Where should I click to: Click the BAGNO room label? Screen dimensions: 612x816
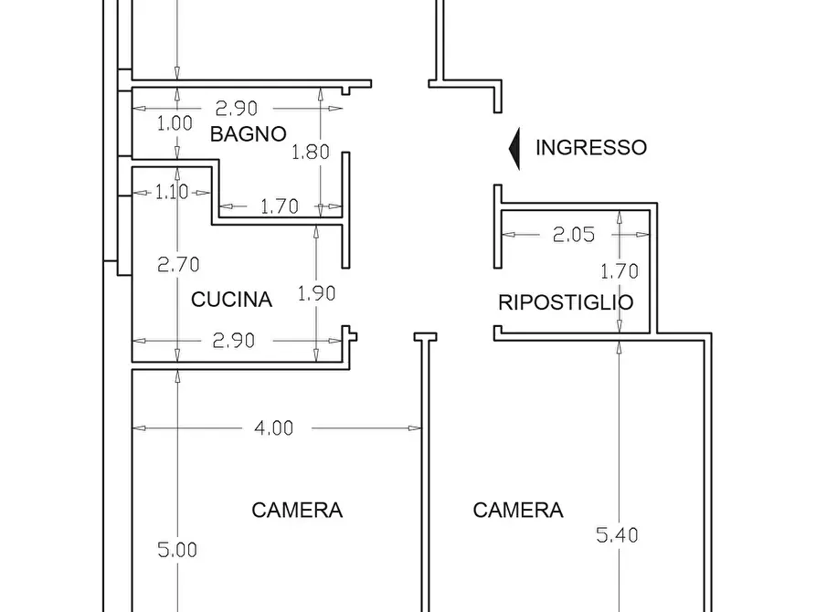pyautogui.click(x=248, y=134)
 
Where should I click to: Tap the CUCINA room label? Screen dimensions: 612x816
pyautogui.click(x=231, y=299)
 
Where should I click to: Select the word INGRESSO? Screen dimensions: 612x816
pyautogui.click(x=590, y=147)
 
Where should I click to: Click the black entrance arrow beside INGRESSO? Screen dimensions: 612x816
pyautogui.click(x=514, y=148)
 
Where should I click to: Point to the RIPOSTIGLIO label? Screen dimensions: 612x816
pyautogui.click(x=566, y=302)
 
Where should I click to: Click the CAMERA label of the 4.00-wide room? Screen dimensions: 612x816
pyautogui.click(x=297, y=510)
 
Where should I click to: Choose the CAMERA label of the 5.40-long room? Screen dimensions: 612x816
pyautogui.click(x=518, y=510)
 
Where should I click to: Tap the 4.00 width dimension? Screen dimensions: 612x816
pyautogui.click(x=274, y=427)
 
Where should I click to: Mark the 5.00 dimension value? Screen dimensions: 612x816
pyautogui.click(x=177, y=550)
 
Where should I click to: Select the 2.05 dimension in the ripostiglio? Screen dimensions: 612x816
pyautogui.click(x=573, y=235)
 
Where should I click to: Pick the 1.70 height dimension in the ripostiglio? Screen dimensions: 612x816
pyautogui.click(x=619, y=270)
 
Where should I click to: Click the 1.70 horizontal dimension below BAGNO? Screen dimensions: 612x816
pyautogui.click(x=279, y=206)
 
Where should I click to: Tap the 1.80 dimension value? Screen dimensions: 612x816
pyautogui.click(x=310, y=153)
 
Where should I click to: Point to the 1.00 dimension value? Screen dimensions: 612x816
pyautogui.click(x=175, y=123)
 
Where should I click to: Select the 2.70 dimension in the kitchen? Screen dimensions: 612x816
pyautogui.click(x=177, y=265)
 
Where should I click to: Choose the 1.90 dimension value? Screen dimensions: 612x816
pyautogui.click(x=316, y=293)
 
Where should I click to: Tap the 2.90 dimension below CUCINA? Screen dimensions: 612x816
pyautogui.click(x=234, y=340)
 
